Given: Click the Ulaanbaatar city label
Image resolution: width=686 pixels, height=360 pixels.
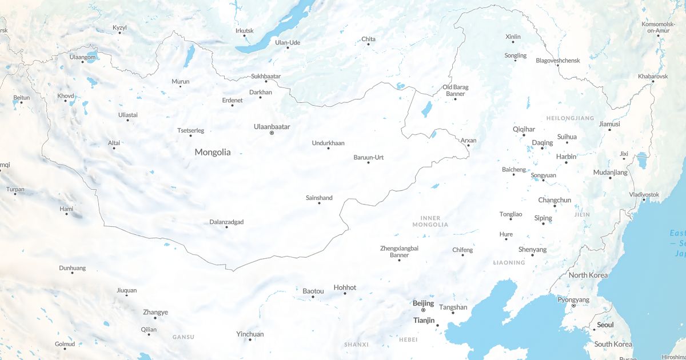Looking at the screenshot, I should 272,126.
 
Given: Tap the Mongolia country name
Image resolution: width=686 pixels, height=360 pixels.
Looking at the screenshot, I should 213,152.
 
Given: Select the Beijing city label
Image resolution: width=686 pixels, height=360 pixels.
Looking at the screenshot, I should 423,303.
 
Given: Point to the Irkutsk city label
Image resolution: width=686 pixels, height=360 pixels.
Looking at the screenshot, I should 244,31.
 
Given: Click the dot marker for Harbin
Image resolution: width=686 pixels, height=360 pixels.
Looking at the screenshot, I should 567,163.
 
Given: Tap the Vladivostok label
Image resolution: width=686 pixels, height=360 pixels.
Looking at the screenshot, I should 644,194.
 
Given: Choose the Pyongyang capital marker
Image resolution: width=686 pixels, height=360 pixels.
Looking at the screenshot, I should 574,306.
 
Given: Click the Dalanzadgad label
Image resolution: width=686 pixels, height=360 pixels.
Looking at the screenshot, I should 226,222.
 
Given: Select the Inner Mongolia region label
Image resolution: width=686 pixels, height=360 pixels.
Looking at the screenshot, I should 430,221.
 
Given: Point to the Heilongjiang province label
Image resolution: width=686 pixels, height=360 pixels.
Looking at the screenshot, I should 571,118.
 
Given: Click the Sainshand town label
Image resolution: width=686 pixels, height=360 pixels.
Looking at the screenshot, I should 319,198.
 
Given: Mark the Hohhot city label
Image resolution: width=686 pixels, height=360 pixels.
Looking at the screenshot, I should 345,287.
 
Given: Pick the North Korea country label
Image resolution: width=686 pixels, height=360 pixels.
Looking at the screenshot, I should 588,275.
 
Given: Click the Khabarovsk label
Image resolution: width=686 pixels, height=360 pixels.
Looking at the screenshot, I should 653,76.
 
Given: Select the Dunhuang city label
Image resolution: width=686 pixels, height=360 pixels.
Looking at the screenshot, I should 72,267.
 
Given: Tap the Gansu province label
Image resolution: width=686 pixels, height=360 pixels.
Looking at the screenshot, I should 184,337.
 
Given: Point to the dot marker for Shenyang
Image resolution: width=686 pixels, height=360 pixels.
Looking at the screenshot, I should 532,255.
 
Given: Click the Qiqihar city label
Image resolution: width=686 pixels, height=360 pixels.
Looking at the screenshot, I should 524,129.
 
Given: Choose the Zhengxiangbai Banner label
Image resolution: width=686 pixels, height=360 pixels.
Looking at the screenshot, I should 399,251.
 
